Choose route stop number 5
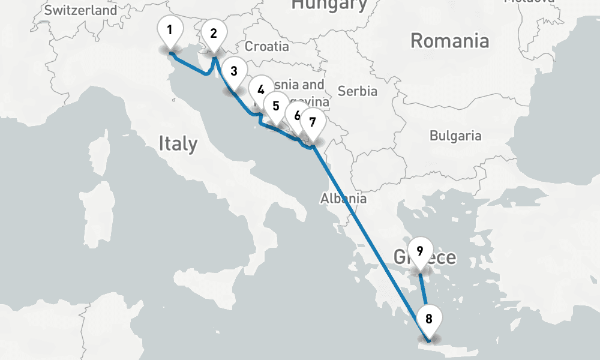[275, 106]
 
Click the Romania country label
[449, 41]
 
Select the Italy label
[178, 143]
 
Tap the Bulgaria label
[455, 136]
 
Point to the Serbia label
[358, 91]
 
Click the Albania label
[343, 198]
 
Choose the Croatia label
[267, 46]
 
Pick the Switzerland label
[81, 10]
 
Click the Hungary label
[329, 5]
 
